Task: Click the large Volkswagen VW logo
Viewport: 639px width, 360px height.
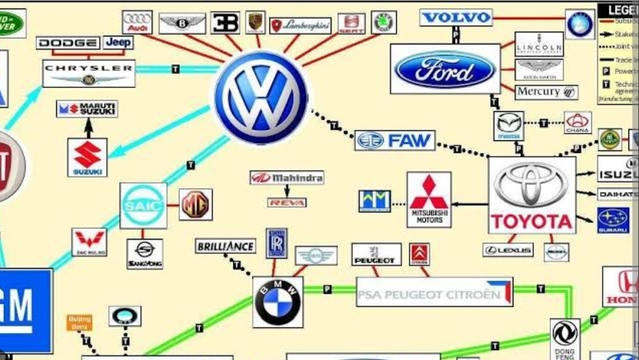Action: coord(260,97)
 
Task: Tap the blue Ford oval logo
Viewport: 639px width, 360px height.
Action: coord(445,69)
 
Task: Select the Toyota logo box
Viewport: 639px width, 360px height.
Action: coord(532,196)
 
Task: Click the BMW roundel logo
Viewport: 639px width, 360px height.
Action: coord(278,302)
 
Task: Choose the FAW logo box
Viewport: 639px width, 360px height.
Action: coord(395,140)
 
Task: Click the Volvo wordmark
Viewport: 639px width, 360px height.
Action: coord(456,17)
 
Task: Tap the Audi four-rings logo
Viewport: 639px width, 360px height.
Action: coord(137,22)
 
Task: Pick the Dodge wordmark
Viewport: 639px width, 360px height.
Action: coord(69,43)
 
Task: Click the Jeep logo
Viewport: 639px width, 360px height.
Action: coord(118,42)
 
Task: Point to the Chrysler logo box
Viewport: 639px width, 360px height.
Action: coord(89,73)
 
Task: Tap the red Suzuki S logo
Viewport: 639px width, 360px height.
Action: coord(87,157)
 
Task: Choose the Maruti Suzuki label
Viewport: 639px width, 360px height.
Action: coord(87,109)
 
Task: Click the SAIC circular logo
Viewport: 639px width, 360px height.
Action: coord(143,206)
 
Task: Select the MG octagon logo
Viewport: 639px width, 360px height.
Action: coord(196,204)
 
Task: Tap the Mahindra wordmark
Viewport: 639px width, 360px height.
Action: coord(287,178)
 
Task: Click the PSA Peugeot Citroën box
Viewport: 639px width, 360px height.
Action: coord(434,292)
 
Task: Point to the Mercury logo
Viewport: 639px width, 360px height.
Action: coord(546,92)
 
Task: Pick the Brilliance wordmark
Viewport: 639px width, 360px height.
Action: coord(226,246)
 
